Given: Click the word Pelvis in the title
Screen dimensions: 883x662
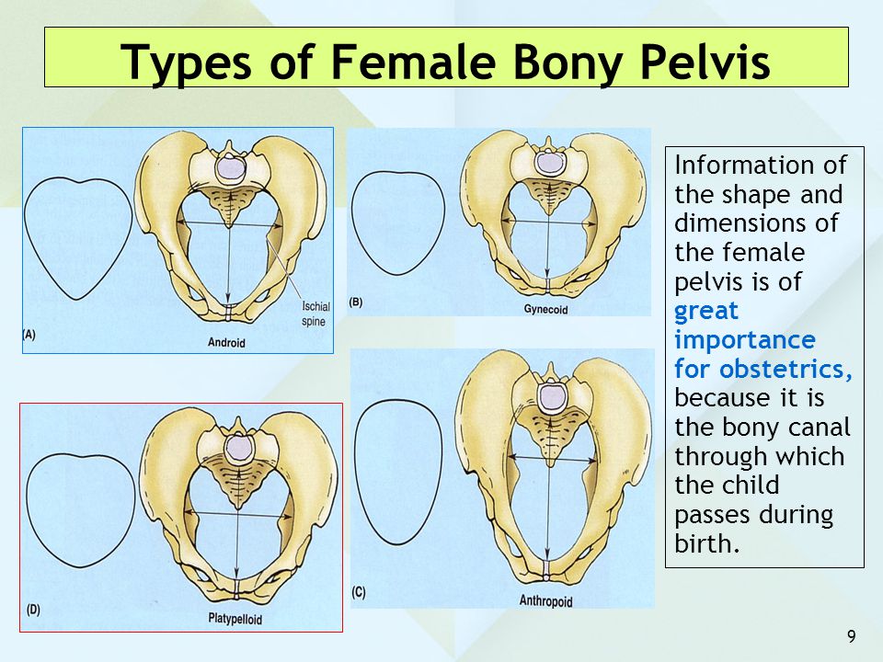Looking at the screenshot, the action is [705, 62].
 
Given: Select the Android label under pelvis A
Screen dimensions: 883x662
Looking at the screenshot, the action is [226, 342].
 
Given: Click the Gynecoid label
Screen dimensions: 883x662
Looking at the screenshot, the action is [545, 309].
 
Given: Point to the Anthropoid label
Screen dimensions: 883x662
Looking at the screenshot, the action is [545, 600].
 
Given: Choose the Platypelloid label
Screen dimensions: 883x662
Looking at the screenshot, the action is [235, 619].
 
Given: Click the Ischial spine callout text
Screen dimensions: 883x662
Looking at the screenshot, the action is [315, 314].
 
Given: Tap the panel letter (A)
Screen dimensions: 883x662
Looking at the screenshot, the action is [29, 335].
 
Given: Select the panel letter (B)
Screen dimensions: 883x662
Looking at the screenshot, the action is [355, 302].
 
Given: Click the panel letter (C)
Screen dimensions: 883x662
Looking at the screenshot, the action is [359, 592].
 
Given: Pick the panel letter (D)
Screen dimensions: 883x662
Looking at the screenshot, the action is [33, 610].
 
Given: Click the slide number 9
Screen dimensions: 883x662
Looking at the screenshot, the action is [852, 636].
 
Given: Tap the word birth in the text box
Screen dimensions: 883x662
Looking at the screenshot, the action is [706, 543].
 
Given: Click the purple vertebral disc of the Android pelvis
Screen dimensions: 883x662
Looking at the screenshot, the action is [230, 168].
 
